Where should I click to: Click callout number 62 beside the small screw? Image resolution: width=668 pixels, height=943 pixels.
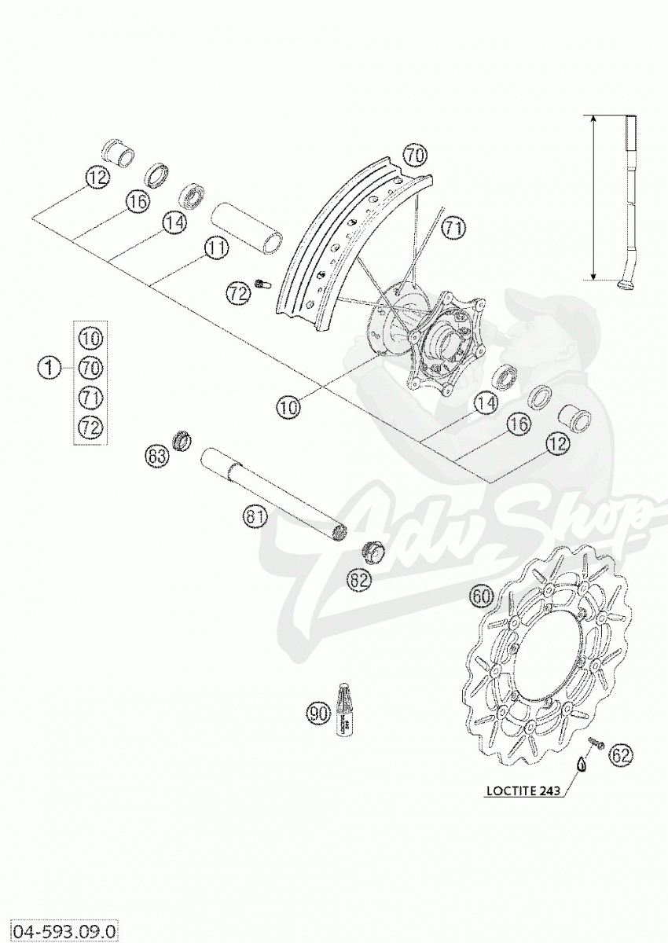coord(621,755)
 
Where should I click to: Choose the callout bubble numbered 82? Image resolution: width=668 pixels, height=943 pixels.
coord(358,580)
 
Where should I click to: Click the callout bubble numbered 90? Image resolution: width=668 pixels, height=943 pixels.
coord(317,714)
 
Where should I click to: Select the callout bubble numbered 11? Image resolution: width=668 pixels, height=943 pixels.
coord(216,248)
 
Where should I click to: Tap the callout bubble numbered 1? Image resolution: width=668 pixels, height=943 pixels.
coord(50,367)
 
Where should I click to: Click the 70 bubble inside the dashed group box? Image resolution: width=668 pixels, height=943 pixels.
coord(91,368)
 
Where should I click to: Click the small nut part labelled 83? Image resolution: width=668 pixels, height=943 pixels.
coord(182,442)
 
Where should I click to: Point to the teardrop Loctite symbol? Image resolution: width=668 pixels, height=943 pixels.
coord(582,762)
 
